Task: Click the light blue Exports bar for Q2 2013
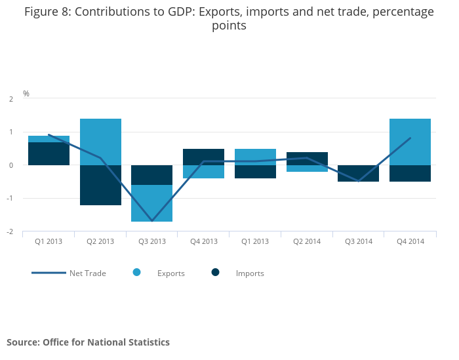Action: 100,142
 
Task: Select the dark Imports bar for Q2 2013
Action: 100,185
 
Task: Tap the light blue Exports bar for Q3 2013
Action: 152,203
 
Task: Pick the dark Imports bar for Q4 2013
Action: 203,157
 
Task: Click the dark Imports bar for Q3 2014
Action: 358,173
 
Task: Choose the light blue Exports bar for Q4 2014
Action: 410,142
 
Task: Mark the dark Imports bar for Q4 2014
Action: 410,173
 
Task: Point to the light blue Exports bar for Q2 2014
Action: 307,169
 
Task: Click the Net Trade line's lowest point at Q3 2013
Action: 152,221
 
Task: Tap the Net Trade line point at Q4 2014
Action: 410,138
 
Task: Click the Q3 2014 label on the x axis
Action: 358,241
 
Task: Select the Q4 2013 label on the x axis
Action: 203,241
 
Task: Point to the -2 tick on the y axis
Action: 10,231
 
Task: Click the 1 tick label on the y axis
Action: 11,132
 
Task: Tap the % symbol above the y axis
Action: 26,94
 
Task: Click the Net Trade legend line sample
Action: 49,273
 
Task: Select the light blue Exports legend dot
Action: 137,272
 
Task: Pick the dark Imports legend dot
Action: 215,272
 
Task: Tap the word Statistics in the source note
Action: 146,342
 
